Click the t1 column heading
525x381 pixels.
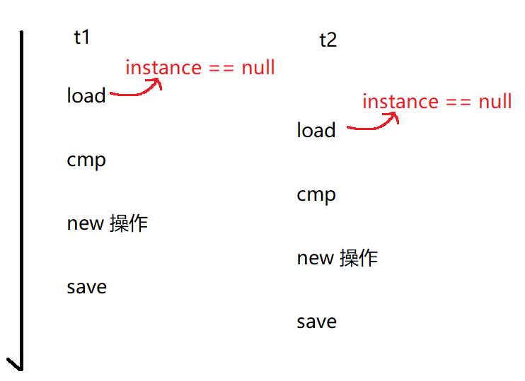(x=82, y=37)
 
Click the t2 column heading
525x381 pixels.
(x=328, y=40)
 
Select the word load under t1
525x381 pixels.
(x=86, y=95)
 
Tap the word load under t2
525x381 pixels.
(x=316, y=130)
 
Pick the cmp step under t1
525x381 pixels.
(x=86, y=160)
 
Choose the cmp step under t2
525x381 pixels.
(x=316, y=195)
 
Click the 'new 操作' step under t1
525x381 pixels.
(x=108, y=223)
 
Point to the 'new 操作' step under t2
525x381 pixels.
(x=337, y=258)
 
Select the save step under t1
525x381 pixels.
(x=87, y=287)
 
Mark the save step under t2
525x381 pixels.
(x=317, y=322)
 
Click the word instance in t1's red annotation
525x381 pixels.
(x=163, y=68)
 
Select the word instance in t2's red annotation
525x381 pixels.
(x=400, y=102)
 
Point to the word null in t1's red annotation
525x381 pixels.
(x=258, y=68)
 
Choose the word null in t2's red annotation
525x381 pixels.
(x=495, y=102)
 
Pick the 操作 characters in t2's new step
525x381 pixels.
(x=359, y=258)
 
